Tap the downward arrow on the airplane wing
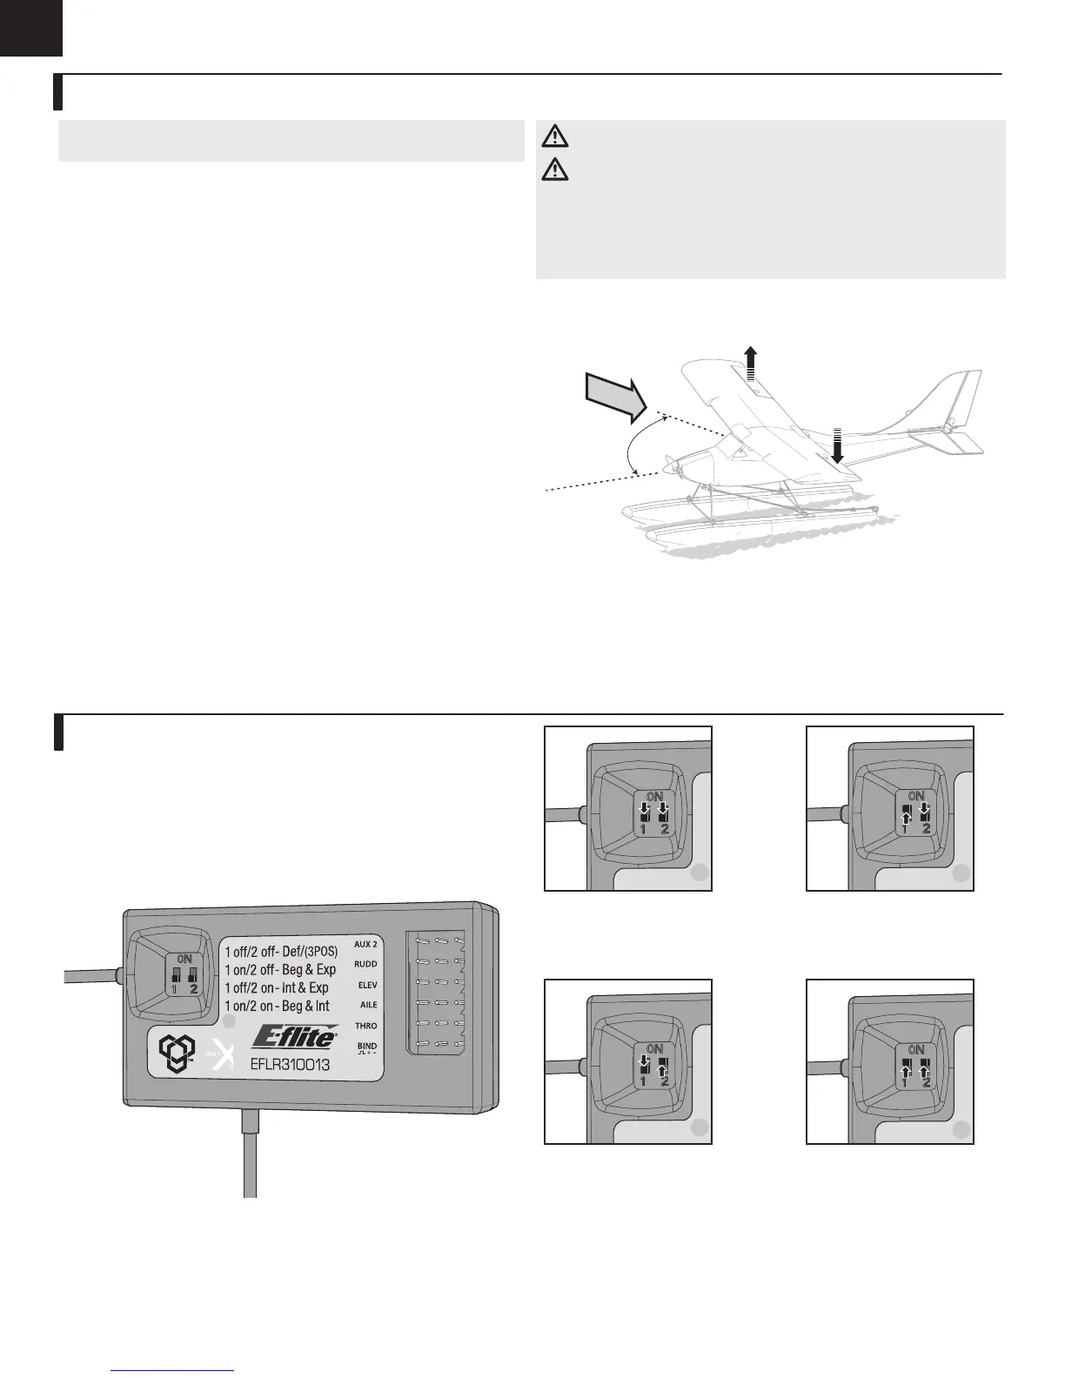(x=838, y=446)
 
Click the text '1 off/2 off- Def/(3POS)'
(x=280, y=952)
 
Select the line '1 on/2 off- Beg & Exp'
(x=280, y=969)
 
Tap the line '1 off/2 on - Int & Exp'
(x=277, y=987)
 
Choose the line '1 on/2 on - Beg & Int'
(x=277, y=1006)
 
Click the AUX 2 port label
(x=365, y=944)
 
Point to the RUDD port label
(x=365, y=964)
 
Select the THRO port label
(x=366, y=1026)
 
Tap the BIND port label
(x=367, y=1047)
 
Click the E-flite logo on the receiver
(x=295, y=1039)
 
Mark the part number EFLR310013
(x=290, y=1062)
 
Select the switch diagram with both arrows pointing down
(x=628, y=808)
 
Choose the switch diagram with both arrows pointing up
(x=890, y=1061)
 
